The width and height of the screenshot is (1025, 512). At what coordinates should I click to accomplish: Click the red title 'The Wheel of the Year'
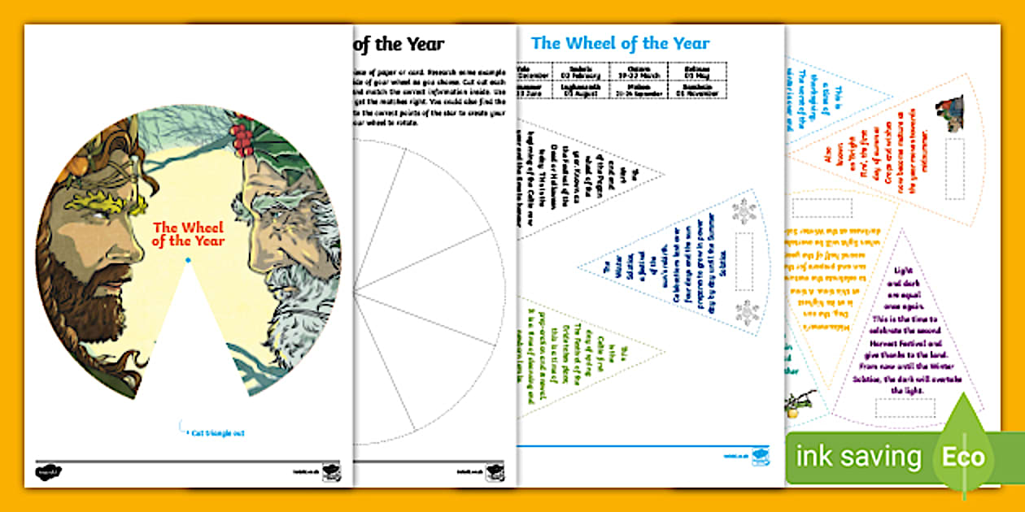189,233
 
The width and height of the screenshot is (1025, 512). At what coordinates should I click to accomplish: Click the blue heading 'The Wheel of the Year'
620,43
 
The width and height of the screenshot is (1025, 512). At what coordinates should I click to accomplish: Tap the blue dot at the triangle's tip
189,260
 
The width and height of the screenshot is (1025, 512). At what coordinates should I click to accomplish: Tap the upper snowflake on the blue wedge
744,210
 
